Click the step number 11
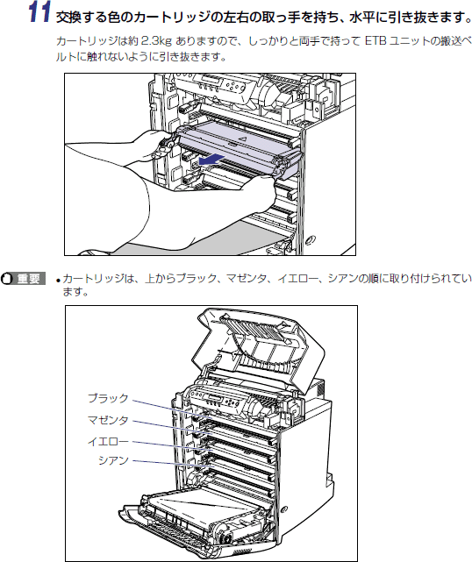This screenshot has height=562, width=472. (x=39, y=12)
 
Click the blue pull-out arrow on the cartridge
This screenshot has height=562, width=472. (x=212, y=160)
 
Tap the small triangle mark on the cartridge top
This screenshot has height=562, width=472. (x=242, y=138)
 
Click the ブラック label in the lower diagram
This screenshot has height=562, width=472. (x=108, y=398)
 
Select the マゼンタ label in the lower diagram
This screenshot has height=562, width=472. (x=108, y=420)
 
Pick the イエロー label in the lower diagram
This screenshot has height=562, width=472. (x=108, y=441)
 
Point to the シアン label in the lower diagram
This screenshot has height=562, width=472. (x=113, y=460)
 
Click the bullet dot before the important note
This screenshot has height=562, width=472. (x=58, y=280)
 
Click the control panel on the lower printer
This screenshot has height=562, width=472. (x=218, y=401)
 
